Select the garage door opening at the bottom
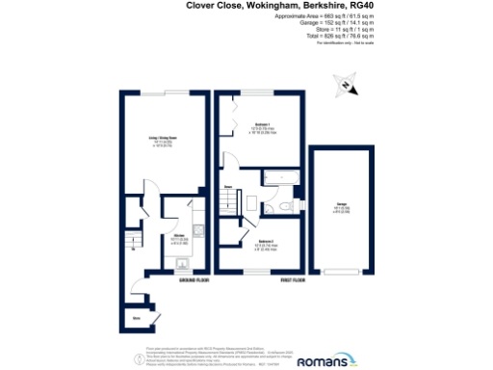[x=344, y=270]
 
